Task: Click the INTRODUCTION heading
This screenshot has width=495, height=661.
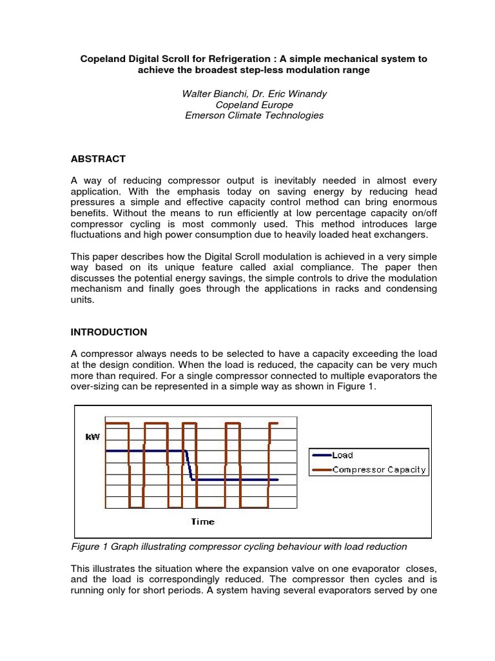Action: [108, 332]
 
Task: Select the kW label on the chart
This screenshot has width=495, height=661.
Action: [93, 437]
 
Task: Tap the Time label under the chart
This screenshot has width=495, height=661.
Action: [202, 521]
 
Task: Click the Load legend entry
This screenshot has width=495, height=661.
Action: [342, 455]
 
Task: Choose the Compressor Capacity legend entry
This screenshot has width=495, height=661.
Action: [379, 469]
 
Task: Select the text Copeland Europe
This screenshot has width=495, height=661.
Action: [254, 105]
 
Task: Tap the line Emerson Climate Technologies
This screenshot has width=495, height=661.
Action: [254, 116]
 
